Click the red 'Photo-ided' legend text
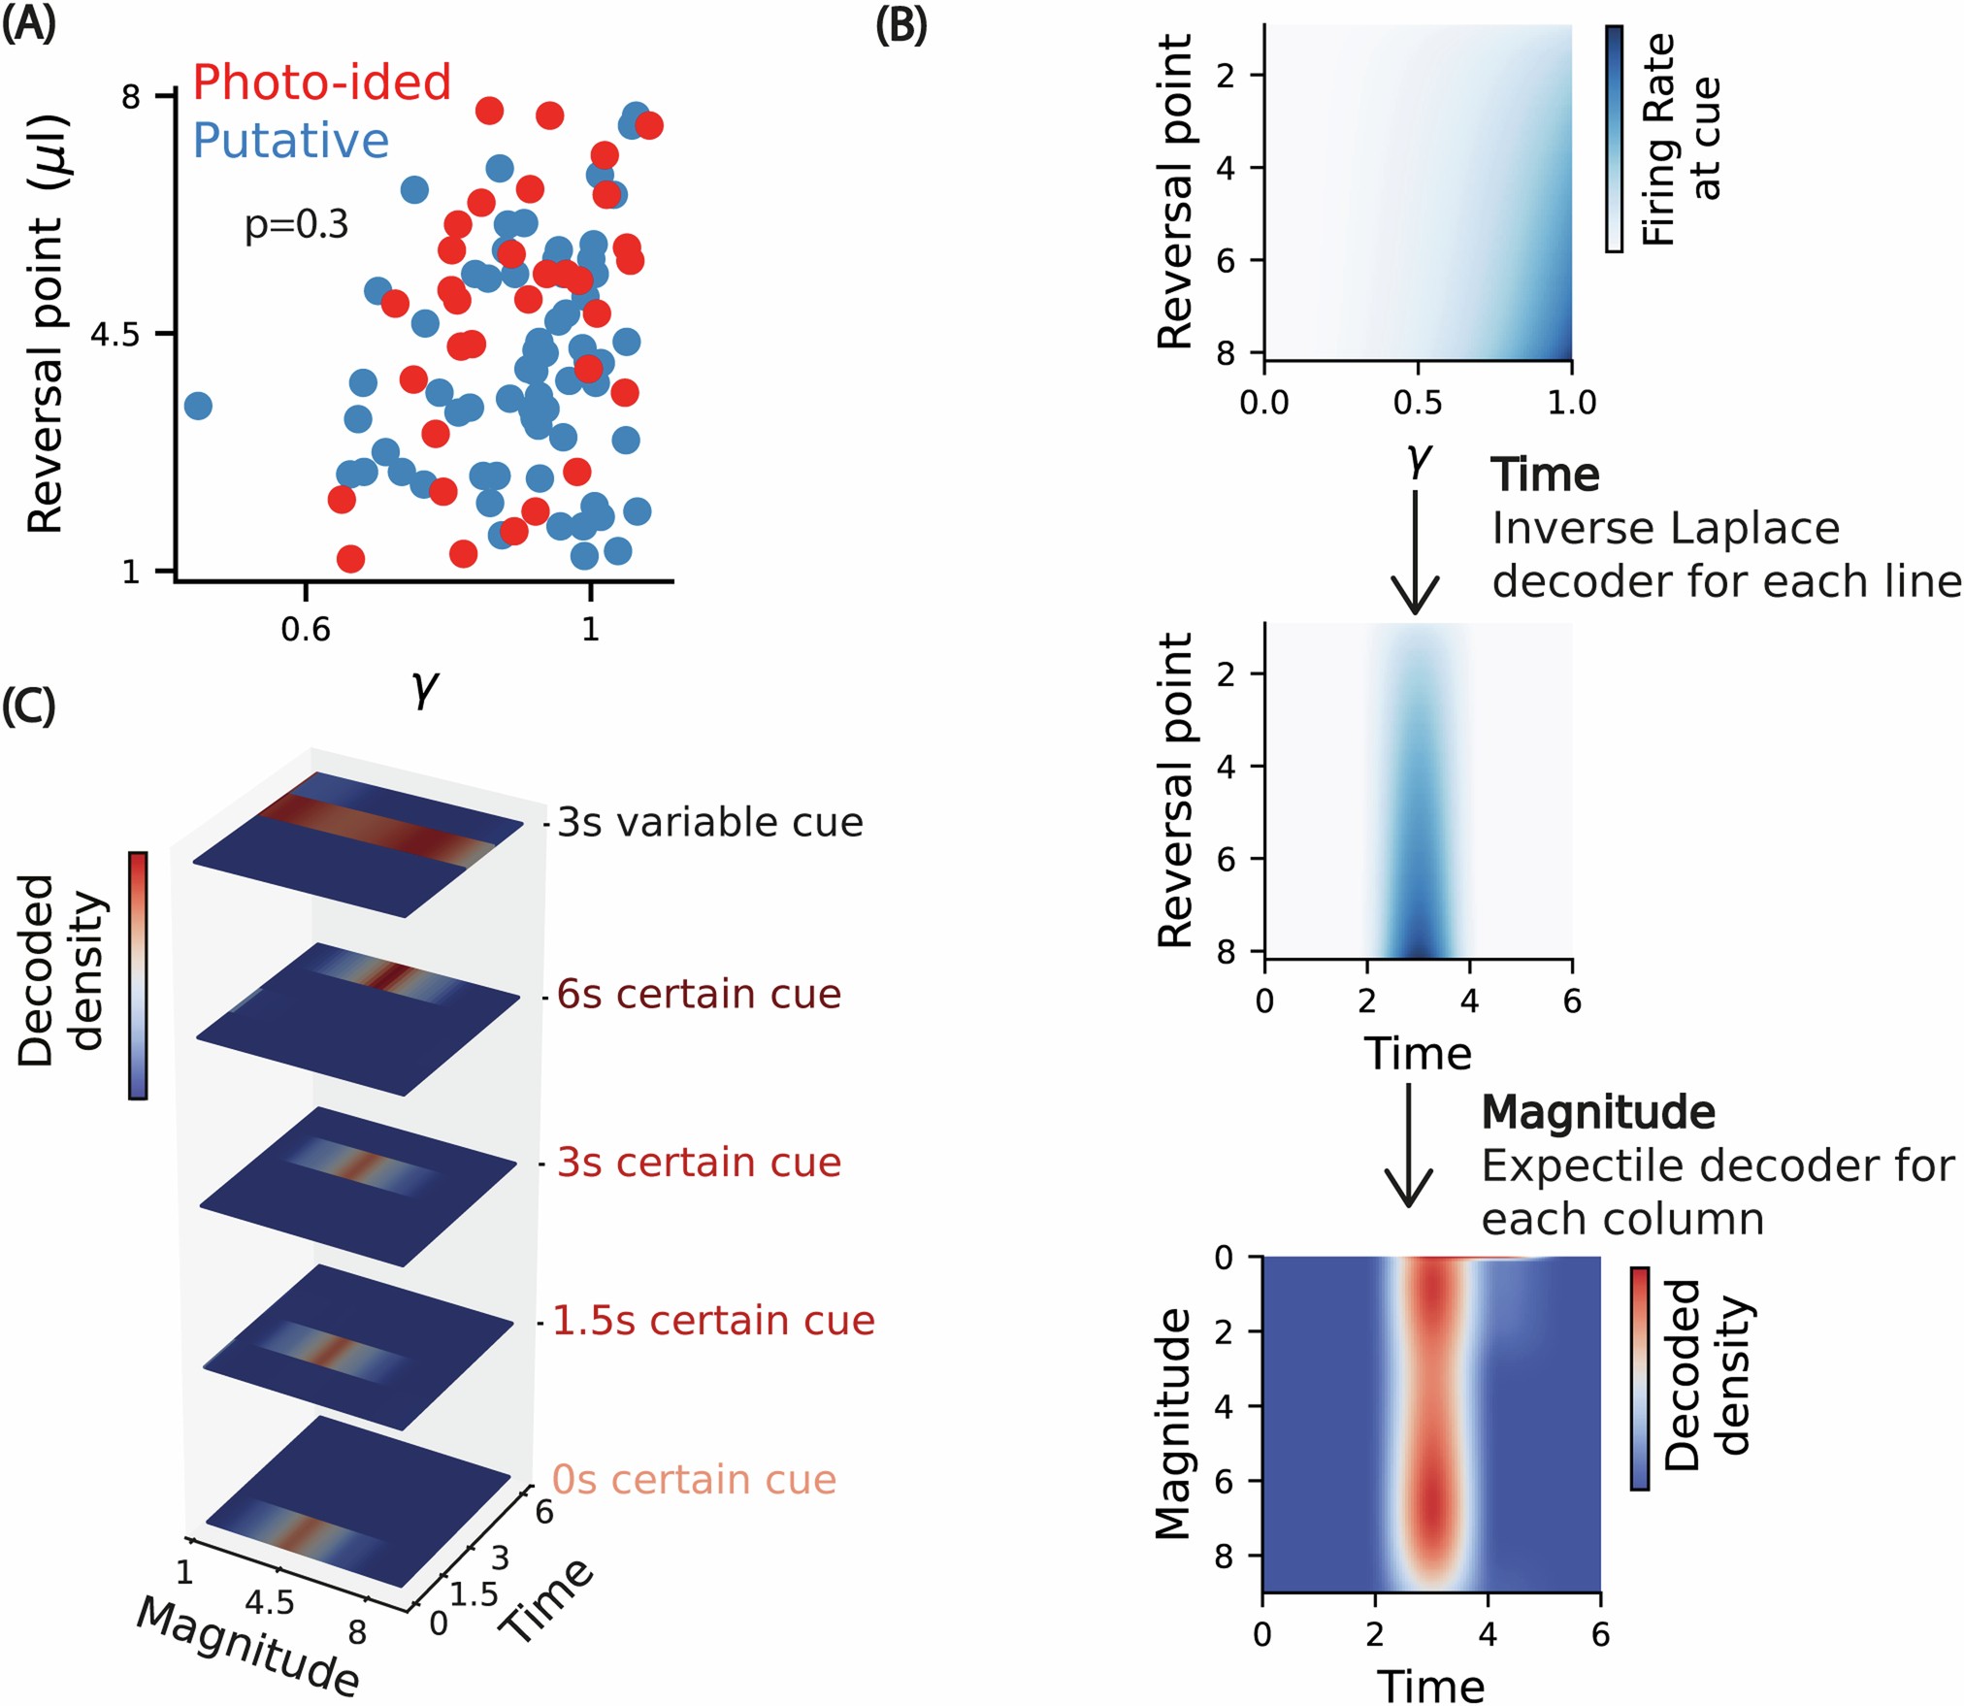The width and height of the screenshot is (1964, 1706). point(321,82)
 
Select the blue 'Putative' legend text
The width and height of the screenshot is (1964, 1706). point(290,141)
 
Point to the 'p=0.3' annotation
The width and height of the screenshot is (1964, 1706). point(296,225)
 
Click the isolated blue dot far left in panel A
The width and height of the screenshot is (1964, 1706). point(197,406)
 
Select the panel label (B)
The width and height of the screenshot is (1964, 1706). point(900,26)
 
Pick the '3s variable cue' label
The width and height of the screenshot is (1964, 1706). point(709,823)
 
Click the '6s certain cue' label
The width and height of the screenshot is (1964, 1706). point(699,995)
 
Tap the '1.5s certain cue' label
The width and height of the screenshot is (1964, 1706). point(713,1321)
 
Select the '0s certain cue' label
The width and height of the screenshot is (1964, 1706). point(694,1480)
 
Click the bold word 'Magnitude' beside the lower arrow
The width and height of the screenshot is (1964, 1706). point(1597,1112)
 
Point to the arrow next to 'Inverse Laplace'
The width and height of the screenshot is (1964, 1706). point(1415,553)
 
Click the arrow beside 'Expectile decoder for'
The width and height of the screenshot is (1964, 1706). point(1407,1145)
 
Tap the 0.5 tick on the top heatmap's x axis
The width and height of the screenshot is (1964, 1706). point(1418,402)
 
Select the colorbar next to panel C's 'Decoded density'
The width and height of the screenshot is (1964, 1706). point(138,975)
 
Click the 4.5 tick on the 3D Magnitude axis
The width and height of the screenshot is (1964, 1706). point(269,1602)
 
